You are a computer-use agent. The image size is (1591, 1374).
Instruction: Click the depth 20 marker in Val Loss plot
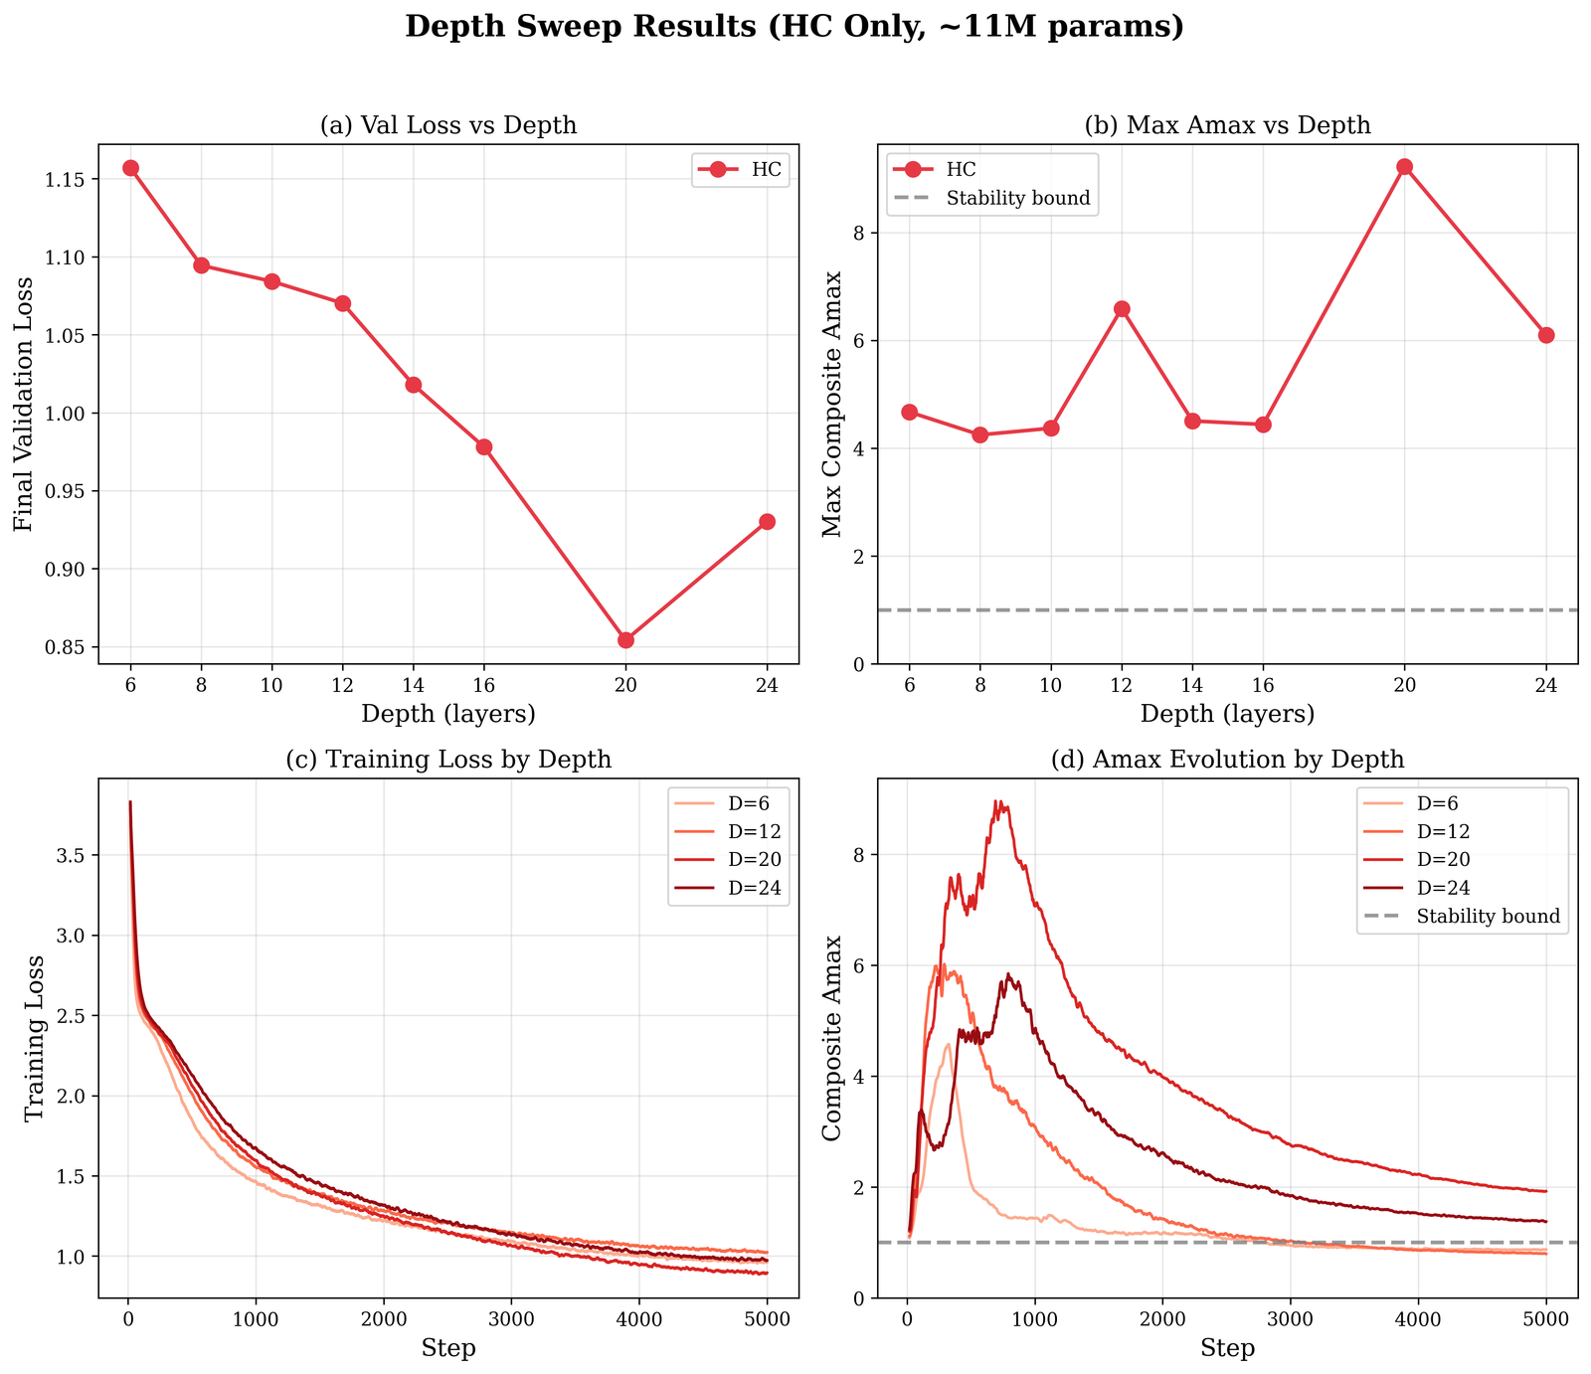(x=625, y=639)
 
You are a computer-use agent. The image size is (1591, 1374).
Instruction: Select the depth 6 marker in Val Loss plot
(x=130, y=168)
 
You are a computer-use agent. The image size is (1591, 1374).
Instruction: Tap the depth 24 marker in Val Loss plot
(x=767, y=522)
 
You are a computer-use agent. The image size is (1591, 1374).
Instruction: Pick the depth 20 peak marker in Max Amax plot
(x=1404, y=167)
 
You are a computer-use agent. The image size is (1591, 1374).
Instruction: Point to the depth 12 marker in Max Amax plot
(x=1122, y=309)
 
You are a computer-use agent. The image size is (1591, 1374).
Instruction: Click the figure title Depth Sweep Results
(x=795, y=27)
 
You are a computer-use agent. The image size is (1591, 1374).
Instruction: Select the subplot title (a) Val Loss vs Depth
(x=447, y=125)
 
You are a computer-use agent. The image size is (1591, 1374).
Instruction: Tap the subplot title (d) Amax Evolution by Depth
(x=1227, y=760)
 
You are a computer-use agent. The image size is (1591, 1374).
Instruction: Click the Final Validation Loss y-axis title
(x=23, y=404)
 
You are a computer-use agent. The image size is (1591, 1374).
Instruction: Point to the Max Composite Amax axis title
(x=831, y=404)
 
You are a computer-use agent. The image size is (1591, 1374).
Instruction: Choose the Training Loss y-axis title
(x=35, y=1038)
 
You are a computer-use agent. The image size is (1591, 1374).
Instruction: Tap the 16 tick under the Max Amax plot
(x=1263, y=685)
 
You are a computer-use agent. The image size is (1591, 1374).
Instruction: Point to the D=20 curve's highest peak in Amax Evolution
(x=996, y=802)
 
